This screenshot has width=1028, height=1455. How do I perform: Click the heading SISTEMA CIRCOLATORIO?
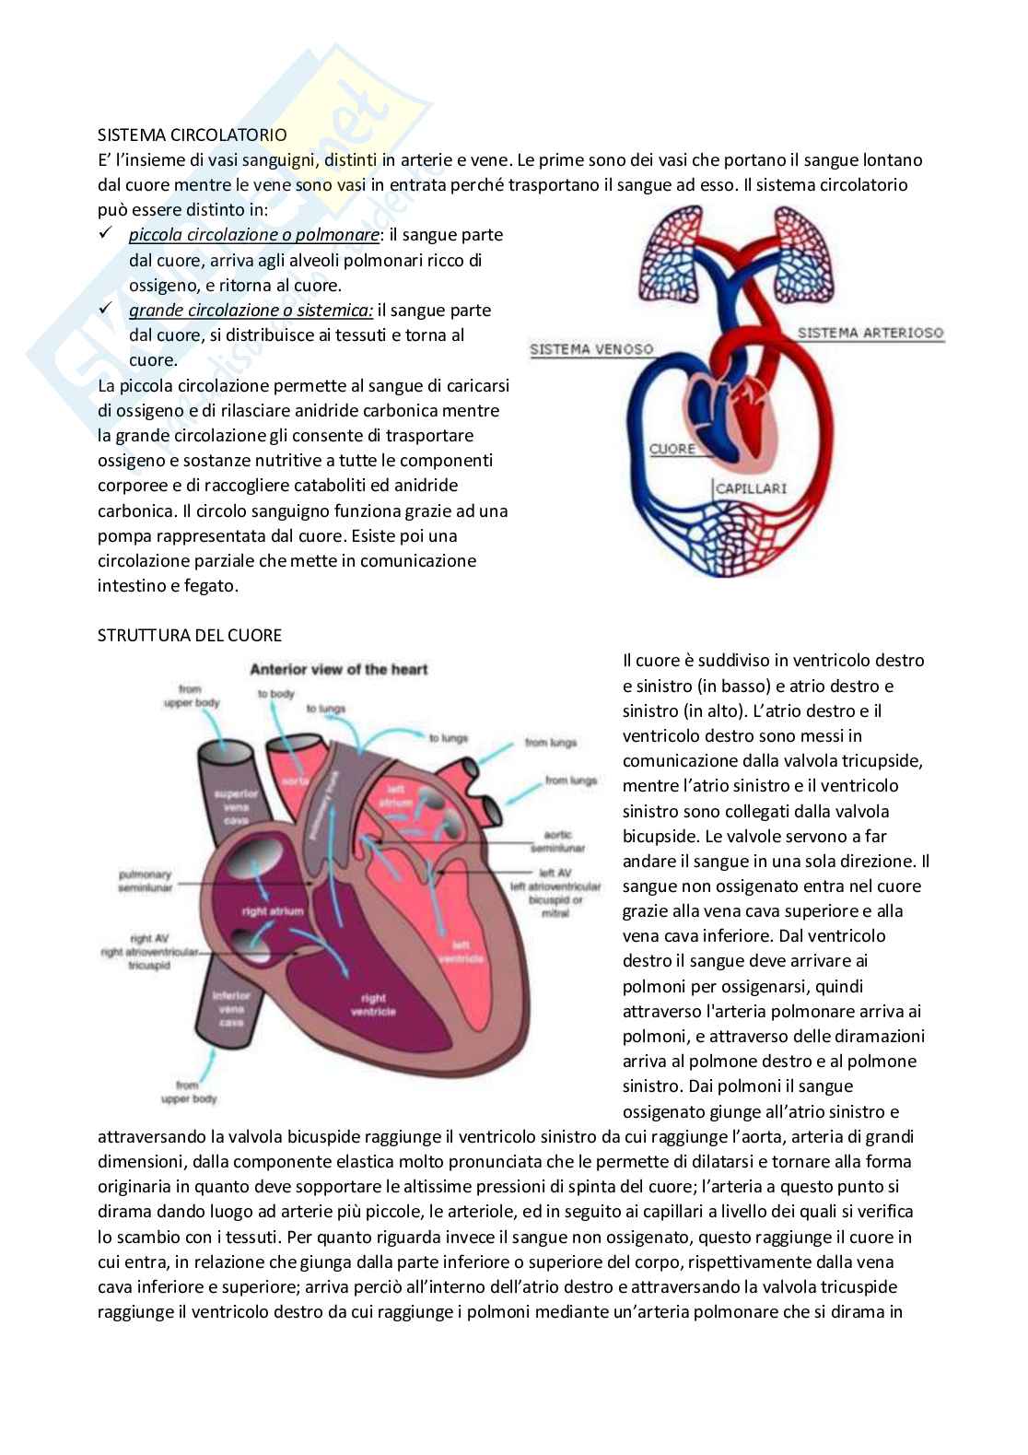pyautogui.click(x=192, y=135)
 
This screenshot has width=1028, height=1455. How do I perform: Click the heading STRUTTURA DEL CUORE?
pyautogui.click(x=190, y=635)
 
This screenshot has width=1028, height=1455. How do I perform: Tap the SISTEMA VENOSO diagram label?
pyautogui.click(x=591, y=349)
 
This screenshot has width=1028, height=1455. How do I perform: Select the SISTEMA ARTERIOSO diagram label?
pyautogui.click(x=870, y=333)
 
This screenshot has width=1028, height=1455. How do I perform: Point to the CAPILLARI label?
pyautogui.click(x=751, y=487)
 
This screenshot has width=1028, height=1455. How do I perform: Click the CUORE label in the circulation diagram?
pyautogui.click(x=672, y=449)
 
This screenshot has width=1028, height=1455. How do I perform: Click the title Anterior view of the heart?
pyautogui.click(x=339, y=669)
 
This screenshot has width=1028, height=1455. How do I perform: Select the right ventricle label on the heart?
pyautogui.click(x=373, y=1004)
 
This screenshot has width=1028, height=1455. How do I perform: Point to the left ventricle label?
pyautogui.click(x=461, y=951)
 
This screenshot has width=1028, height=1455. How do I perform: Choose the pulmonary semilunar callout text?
pyautogui.click(x=145, y=881)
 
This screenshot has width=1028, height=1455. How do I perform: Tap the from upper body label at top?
pyautogui.click(x=192, y=696)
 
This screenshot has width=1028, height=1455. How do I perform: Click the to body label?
pyautogui.click(x=275, y=694)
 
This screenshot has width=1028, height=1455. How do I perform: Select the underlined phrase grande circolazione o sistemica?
pyautogui.click(x=251, y=311)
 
